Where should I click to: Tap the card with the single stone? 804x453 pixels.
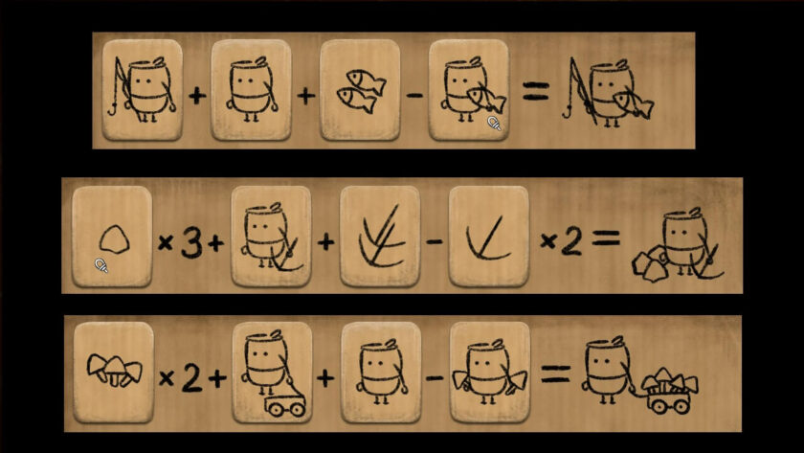pos(112,237)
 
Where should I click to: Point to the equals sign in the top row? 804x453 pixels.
pos(535,93)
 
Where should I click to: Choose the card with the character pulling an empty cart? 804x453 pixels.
pos(271,374)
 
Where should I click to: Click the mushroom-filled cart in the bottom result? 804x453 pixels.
pos(669,391)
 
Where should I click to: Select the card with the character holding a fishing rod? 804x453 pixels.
pos(142,90)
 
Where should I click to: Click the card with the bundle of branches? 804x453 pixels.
pos(380,237)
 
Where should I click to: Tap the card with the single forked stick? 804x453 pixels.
pos(488,237)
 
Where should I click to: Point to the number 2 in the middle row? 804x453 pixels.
pos(570,242)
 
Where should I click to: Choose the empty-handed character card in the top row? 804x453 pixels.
pos(251,90)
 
